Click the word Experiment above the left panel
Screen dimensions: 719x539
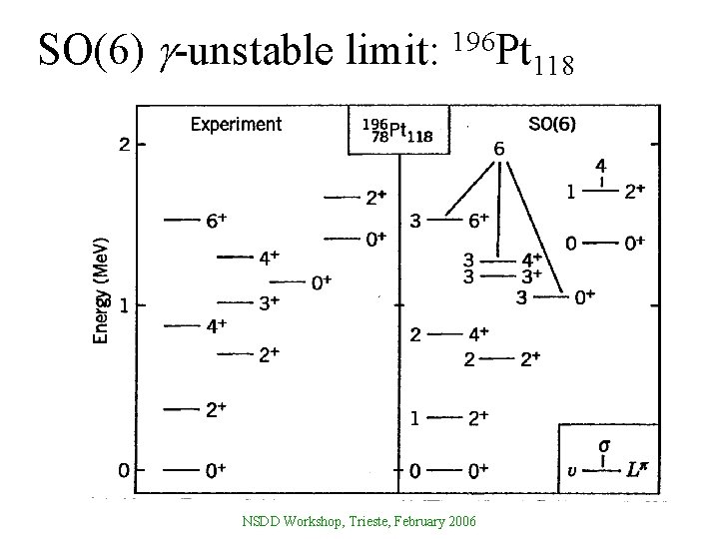click(x=236, y=125)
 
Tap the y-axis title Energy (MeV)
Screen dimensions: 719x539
click(x=102, y=289)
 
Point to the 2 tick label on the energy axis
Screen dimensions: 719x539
click(x=124, y=145)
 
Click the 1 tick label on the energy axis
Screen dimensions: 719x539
click(x=124, y=305)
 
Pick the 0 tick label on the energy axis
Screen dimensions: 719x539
click(x=124, y=469)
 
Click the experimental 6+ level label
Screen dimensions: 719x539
click(x=216, y=222)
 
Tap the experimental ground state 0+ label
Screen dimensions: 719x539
click(x=216, y=469)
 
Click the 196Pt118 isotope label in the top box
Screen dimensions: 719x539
click(x=398, y=131)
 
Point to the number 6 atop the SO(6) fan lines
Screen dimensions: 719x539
click(x=498, y=149)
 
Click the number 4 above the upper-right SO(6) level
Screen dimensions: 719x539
click(x=600, y=166)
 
